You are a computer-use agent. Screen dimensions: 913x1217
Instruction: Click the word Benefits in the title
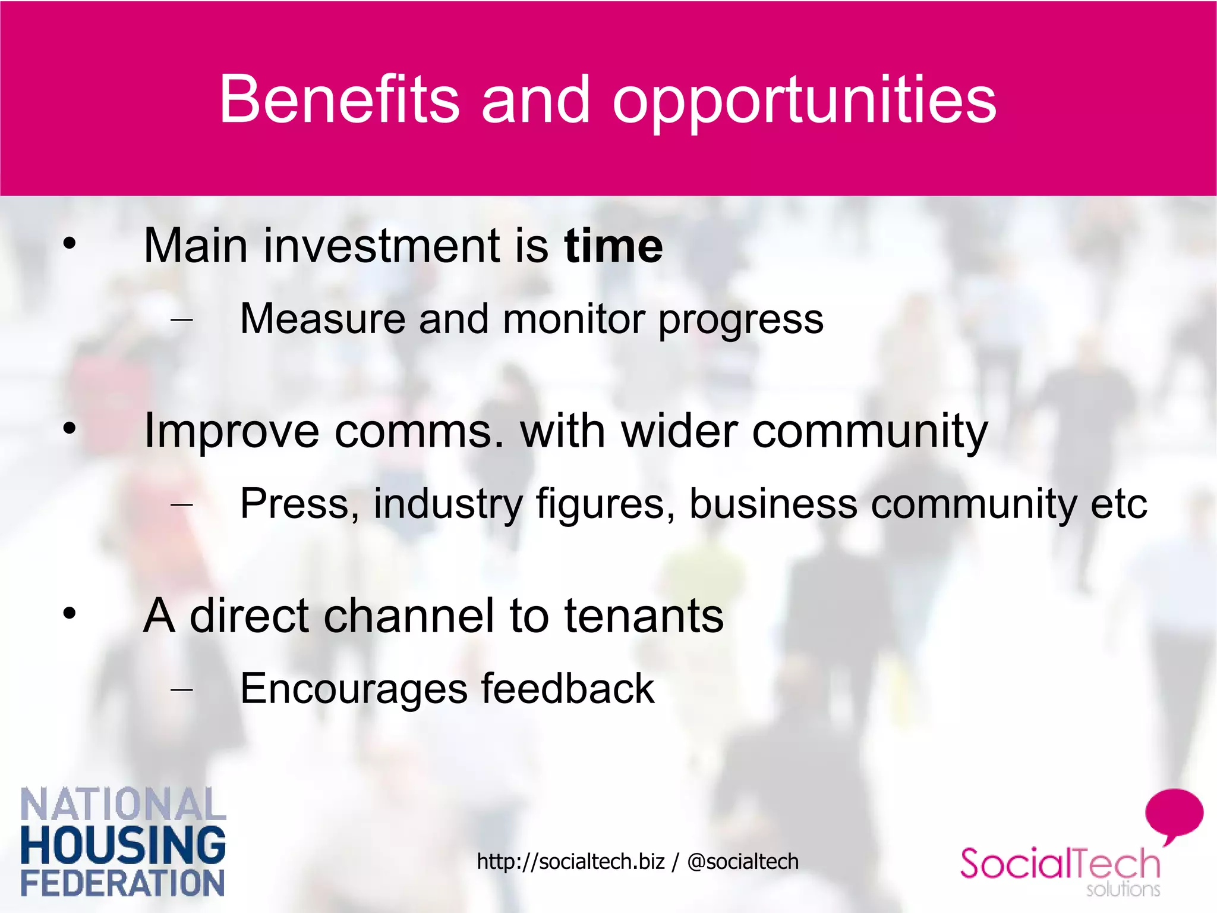tap(339, 99)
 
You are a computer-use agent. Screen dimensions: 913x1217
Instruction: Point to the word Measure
tap(322, 319)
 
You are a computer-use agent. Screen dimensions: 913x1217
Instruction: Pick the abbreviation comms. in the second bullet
tap(420, 431)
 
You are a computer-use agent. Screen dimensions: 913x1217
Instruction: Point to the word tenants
tap(644, 616)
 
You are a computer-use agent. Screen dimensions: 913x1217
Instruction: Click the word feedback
tap(567, 689)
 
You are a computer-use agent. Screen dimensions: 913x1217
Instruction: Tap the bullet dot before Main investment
tap(70, 243)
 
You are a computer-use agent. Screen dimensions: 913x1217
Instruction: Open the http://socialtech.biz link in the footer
tap(570, 861)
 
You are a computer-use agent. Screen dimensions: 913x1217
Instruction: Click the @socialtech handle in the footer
tap(742, 861)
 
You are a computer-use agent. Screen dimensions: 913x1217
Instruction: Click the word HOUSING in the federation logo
tap(123, 845)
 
